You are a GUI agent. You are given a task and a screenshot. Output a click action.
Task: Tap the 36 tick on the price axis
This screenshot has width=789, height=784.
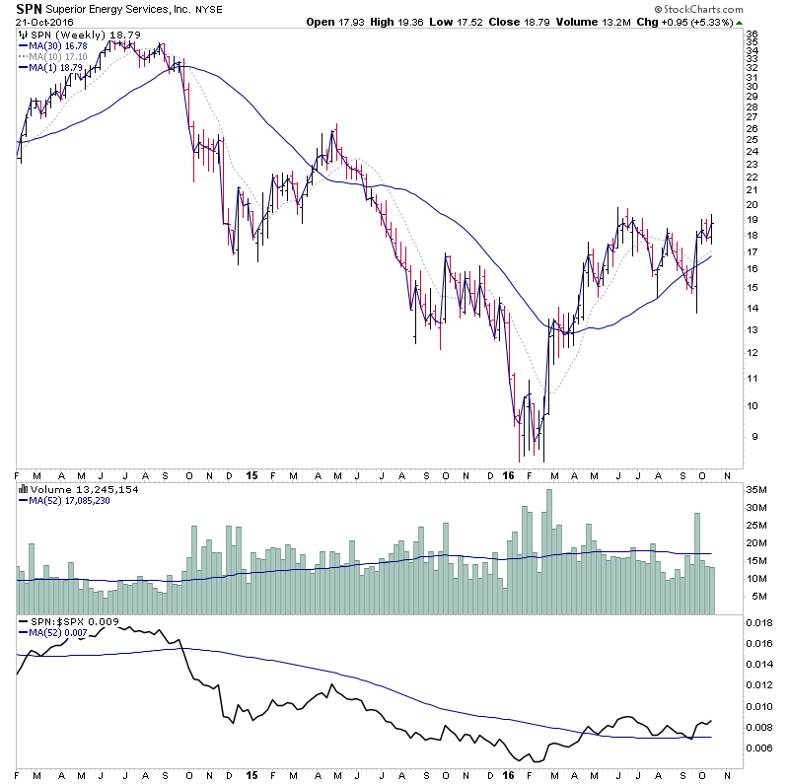[x=751, y=35]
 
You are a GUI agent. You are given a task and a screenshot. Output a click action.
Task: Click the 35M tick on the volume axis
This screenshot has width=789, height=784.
[x=756, y=488]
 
